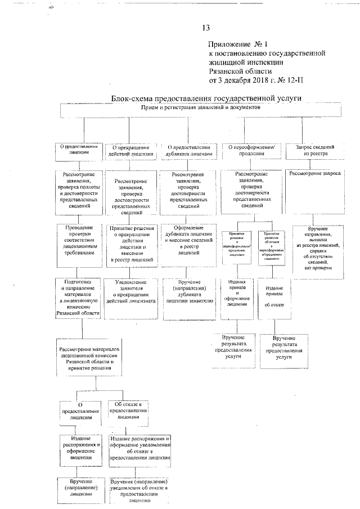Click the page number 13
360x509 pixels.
pos(205,28)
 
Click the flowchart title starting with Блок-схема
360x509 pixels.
pos(206,98)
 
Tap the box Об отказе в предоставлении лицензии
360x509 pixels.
pos(131,411)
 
